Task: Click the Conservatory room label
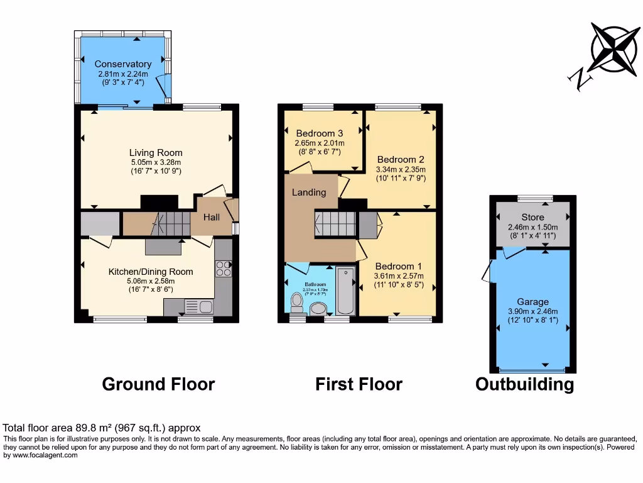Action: click(123, 64)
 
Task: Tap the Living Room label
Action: click(156, 153)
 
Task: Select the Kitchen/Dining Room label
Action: click(151, 272)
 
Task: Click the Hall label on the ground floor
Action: click(212, 217)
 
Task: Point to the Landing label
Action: click(309, 192)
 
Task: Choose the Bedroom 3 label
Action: click(320, 133)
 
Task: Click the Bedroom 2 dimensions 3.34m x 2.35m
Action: click(401, 170)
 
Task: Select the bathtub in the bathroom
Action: click(345, 291)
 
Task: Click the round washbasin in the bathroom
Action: click(319, 308)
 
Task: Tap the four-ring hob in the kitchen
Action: click(224, 269)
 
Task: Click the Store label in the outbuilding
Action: click(532, 218)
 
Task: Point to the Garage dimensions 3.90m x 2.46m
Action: click(532, 311)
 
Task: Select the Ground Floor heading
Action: click(158, 384)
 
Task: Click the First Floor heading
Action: click(359, 384)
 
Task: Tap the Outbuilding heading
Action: click(524, 384)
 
